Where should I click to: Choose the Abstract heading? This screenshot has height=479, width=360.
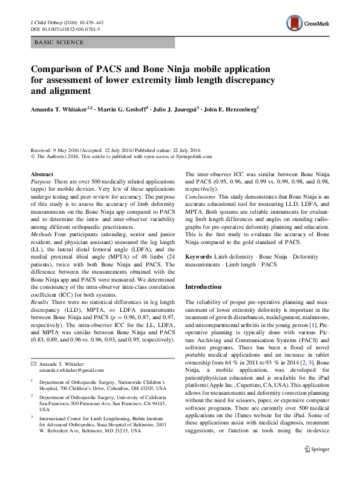pos(41,174)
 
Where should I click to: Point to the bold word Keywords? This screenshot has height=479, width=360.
pos(198,257)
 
